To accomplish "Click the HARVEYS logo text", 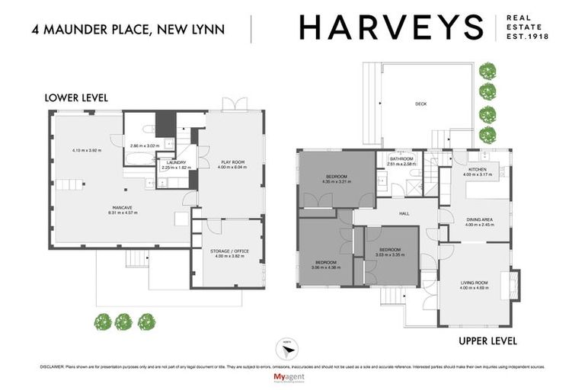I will click(391, 28).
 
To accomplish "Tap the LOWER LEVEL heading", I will click(76, 97).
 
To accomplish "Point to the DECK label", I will click(420, 104).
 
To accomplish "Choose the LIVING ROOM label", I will click(474, 283).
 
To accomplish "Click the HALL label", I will click(404, 213).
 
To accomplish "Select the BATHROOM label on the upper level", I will click(401, 158).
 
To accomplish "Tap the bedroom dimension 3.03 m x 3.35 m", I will click(389, 254).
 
